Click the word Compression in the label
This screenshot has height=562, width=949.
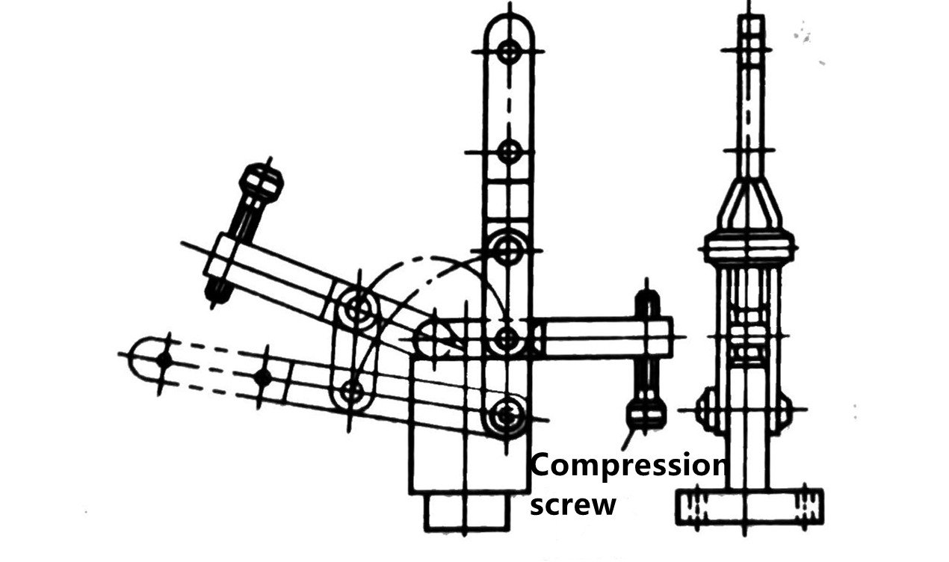pyautogui.click(x=628, y=466)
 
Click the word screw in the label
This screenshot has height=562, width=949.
pyautogui.click(x=573, y=504)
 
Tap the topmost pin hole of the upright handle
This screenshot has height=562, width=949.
pyautogui.click(x=509, y=52)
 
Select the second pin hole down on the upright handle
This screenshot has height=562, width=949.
pyautogui.click(x=509, y=151)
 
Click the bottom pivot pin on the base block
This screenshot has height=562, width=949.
pyautogui.click(x=506, y=416)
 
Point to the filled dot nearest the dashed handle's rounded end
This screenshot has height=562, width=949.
pyautogui.click(x=164, y=360)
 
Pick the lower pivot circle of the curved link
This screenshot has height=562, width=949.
pyautogui.click(x=352, y=390)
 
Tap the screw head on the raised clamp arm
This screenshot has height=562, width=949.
pyautogui.click(x=262, y=182)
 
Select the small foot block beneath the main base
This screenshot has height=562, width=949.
pyautogui.click(x=467, y=512)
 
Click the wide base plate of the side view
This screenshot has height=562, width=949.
pyautogui.click(x=749, y=507)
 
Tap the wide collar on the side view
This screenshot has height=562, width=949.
pyautogui.click(x=749, y=247)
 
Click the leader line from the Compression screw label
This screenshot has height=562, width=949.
pyautogui.click(x=628, y=440)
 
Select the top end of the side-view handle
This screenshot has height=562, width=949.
pyautogui.click(x=751, y=17)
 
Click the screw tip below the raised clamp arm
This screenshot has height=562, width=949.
pyautogui.click(x=218, y=291)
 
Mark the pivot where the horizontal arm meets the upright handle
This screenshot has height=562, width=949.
pyautogui.click(x=507, y=339)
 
